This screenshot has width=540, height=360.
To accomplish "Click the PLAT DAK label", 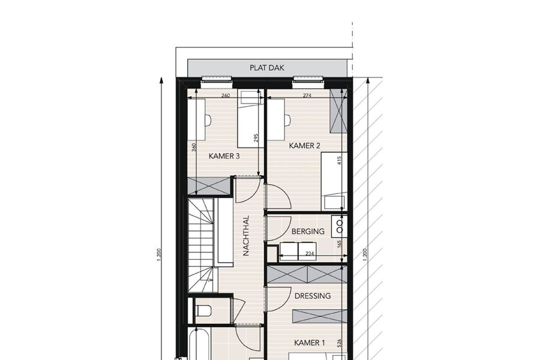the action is [x=267, y=68].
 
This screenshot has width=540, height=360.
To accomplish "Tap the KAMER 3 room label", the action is [x=224, y=156].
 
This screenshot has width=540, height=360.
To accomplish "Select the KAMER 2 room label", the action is [x=304, y=146].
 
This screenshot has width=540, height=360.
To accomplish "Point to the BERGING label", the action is [x=308, y=232].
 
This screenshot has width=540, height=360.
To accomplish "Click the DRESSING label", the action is [x=313, y=296].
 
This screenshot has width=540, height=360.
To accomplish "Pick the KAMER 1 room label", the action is [x=309, y=343].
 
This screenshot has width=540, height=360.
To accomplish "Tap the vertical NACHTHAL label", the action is [x=246, y=236].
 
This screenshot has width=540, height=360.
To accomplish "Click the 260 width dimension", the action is [x=225, y=95].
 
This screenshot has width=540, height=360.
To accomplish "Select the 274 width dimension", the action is [x=307, y=95].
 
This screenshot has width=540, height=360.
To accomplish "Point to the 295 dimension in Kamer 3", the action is [x=256, y=138].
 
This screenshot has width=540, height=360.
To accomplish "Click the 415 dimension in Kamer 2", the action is [x=339, y=160].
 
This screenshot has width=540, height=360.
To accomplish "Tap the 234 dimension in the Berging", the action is [x=310, y=254].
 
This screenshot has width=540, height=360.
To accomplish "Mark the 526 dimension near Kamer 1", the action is [x=339, y=343].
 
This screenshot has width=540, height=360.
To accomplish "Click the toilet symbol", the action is [x=203, y=311].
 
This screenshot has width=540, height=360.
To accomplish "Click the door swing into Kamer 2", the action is [x=279, y=196].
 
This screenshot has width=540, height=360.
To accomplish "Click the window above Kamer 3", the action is [x=217, y=80].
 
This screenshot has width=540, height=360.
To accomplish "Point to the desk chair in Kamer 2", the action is [x=288, y=120].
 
